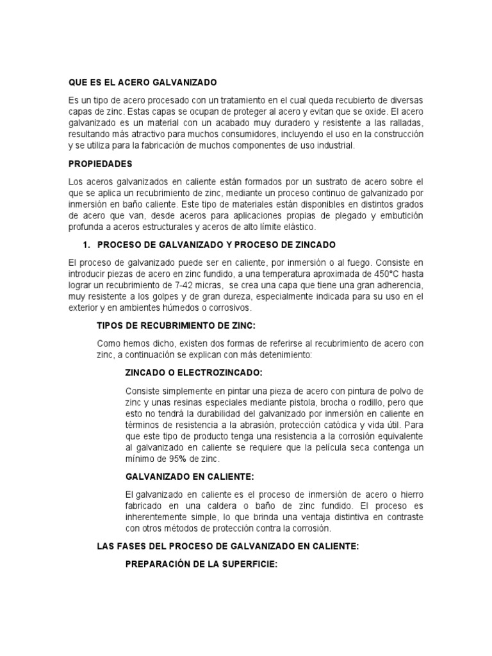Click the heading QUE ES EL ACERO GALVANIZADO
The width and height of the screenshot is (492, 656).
pos(143,83)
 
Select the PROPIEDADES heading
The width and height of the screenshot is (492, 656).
pos(101,164)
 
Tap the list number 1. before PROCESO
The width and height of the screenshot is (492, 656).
pos(88,245)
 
